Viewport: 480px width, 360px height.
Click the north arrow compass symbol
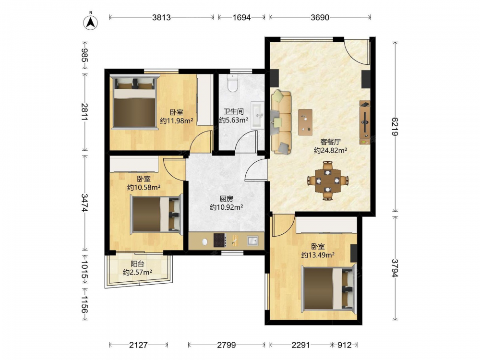(91, 22)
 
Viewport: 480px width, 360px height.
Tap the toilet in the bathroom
(233, 83)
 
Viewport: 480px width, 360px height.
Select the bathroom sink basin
(257, 115)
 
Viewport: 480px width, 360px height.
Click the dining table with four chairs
(327, 180)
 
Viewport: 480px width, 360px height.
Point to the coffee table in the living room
(305, 122)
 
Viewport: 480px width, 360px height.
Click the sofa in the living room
(281, 121)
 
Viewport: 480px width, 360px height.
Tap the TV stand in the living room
(365, 122)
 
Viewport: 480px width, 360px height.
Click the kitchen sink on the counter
(252, 240)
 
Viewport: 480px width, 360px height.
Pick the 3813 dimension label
(161, 17)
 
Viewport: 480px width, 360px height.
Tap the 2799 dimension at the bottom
(227, 345)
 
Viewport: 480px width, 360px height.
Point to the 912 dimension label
(344, 345)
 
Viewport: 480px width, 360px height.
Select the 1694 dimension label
(241, 17)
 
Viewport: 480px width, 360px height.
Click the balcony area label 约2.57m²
(137, 272)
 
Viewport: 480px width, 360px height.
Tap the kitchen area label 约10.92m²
(227, 207)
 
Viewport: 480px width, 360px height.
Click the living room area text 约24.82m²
(330, 150)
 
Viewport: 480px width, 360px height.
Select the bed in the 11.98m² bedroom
(134, 102)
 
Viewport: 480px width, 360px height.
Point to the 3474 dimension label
(84, 203)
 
